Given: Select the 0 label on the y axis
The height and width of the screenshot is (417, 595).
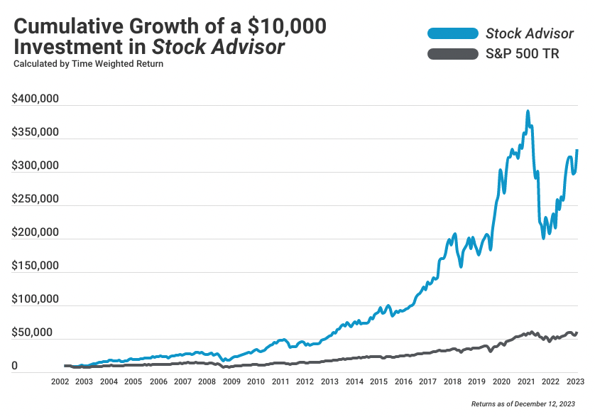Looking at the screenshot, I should [x=15, y=366].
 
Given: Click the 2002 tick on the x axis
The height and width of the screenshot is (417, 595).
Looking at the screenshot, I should [x=60, y=382].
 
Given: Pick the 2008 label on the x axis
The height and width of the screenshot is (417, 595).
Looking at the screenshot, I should [x=207, y=382].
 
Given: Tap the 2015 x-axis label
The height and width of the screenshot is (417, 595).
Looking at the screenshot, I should [x=378, y=382].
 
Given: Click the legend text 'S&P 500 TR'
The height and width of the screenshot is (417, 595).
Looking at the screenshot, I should [x=523, y=53].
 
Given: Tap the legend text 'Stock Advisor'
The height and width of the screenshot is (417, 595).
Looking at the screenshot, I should [x=529, y=33].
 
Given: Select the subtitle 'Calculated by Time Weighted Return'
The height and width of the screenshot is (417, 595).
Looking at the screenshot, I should [x=88, y=64].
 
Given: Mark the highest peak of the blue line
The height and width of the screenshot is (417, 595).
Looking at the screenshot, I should [x=528, y=112].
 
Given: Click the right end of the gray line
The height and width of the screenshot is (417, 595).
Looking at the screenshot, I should [x=577, y=332].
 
